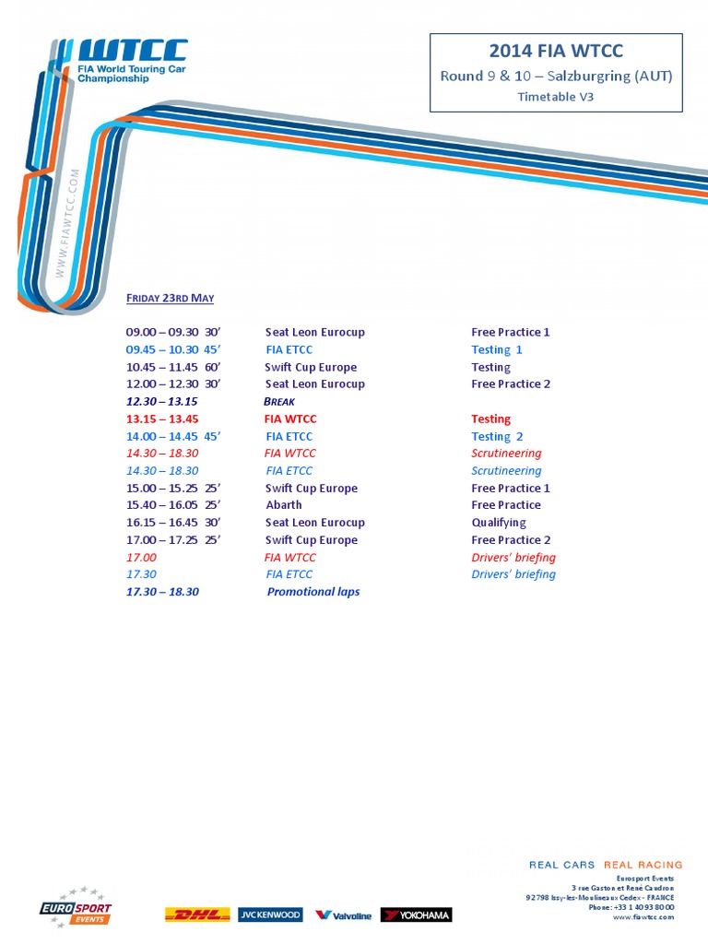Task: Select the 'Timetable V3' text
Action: click(x=556, y=96)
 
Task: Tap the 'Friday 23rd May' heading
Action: click(x=170, y=298)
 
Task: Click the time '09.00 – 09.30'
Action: click(x=162, y=332)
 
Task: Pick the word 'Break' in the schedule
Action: click(x=279, y=402)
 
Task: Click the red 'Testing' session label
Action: click(x=490, y=419)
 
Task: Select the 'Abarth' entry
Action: click(x=283, y=505)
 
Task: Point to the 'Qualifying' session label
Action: click(x=499, y=523)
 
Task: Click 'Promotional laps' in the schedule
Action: click(x=313, y=592)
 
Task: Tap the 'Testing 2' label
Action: click(x=497, y=437)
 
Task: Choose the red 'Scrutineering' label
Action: click(x=506, y=454)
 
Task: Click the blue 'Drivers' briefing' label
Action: click(x=513, y=574)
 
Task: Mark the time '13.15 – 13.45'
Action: click(x=162, y=419)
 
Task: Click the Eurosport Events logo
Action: click(x=76, y=908)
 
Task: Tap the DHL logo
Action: click(x=196, y=915)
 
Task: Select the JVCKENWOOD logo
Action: click(x=270, y=915)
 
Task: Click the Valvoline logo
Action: click(x=343, y=915)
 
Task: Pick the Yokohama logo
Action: click(x=417, y=915)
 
